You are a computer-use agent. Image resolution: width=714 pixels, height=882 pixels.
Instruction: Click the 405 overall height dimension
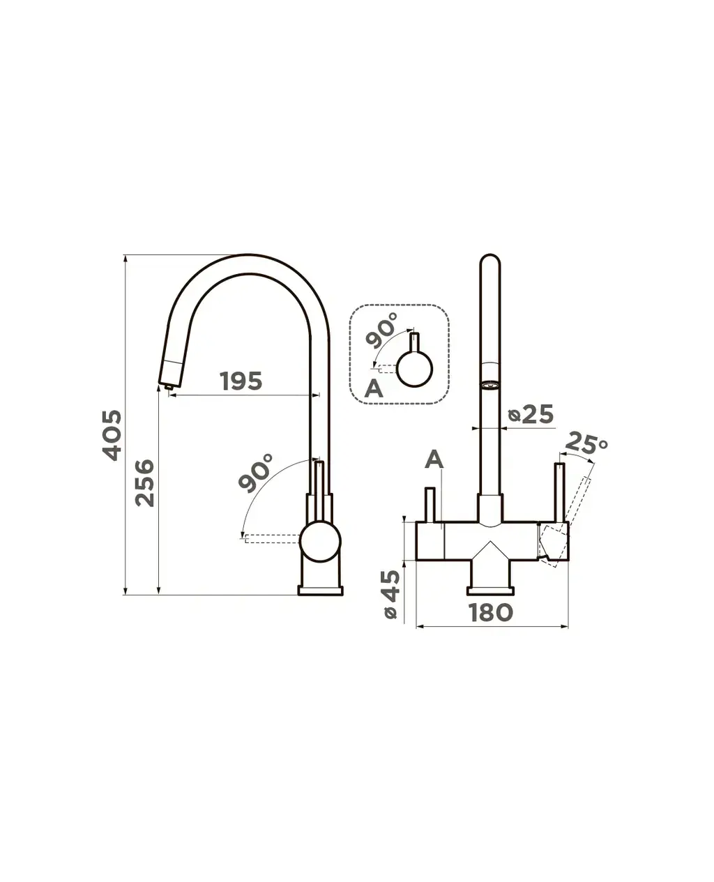point(112,435)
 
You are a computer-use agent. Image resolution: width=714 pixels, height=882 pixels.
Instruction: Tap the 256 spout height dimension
point(145,482)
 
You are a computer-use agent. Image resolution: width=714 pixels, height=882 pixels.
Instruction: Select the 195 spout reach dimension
point(241,381)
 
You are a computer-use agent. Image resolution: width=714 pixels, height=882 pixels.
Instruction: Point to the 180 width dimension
point(490,612)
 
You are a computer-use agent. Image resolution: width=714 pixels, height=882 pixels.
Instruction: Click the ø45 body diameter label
point(391,595)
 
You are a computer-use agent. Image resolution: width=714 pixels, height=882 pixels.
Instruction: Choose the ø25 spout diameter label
point(531,414)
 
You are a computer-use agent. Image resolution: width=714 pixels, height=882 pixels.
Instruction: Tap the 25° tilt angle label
point(586,443)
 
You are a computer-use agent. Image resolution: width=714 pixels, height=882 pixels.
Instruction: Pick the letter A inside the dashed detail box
point(374,389)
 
